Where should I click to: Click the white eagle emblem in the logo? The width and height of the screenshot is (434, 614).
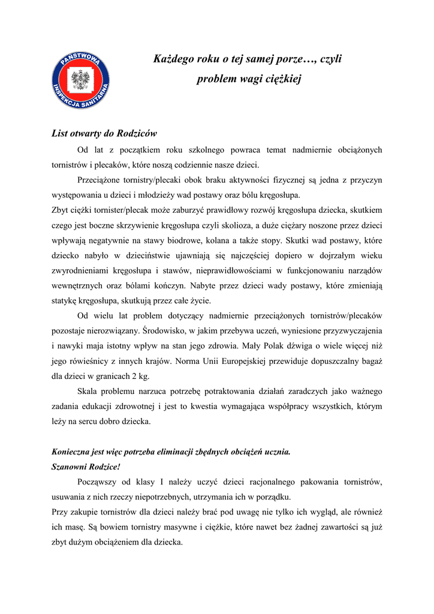[80, 79]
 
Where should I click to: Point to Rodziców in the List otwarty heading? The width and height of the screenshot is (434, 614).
[137, 133]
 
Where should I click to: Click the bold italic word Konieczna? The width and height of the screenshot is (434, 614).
[71, 452]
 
